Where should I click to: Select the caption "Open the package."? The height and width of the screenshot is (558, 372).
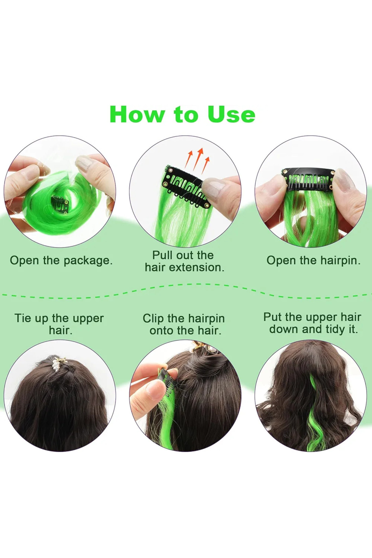61,260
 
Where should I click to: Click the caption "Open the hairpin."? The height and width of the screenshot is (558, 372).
313,260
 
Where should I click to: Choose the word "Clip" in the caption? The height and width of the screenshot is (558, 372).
153,319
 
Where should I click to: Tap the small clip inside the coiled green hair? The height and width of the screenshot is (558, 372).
60,205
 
